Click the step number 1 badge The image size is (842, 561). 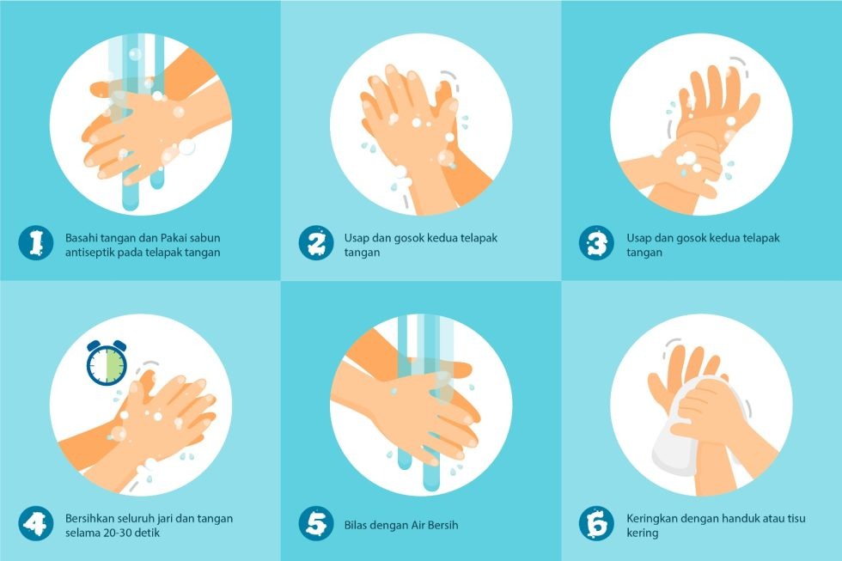[35, 242]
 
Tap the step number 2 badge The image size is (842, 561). [316, 242]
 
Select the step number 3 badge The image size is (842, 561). [596, 242]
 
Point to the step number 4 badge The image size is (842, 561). [35, 523]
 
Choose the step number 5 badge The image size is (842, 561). [316, 523]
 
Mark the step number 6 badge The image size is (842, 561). [596, 523]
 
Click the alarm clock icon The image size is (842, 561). [107, 363]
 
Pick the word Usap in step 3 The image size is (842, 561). [638, 238]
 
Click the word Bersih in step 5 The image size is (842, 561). [443, 526]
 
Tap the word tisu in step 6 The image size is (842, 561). [796, 519]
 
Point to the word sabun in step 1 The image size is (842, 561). [204, 238]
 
